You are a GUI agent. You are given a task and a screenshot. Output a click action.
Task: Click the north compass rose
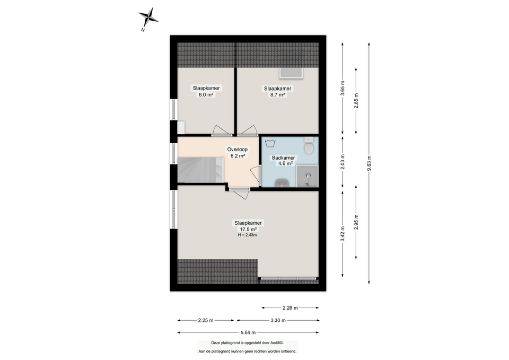pos(148,17)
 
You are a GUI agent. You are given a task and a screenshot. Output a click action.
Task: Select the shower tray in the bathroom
pos(307,176)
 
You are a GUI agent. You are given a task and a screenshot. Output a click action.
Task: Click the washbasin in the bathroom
pos(282,183)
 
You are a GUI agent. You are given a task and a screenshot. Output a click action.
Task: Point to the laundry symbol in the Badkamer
pos(270,143)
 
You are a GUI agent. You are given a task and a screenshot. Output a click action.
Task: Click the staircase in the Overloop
pos(200,170)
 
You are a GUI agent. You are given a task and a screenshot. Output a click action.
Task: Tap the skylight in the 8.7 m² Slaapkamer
pos(291,73)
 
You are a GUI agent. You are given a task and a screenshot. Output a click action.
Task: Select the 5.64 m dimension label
pos(248,332)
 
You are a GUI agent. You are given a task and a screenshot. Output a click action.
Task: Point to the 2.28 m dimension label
pos(290,308)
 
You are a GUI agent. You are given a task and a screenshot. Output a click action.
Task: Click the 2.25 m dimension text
pos(206,320)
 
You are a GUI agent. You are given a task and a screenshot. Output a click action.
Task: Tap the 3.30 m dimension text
pos(278,320)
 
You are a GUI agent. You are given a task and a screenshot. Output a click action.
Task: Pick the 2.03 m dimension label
pos(343,162)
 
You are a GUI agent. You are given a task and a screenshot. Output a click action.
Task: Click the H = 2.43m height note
pos(247,235)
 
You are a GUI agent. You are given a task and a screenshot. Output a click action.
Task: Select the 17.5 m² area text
pos(248,229)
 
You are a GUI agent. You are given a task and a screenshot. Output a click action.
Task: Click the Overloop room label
pos(238,150)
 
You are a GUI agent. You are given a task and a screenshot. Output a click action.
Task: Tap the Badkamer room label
pos(283,158)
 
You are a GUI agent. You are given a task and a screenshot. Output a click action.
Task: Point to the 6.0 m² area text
pos(206,95)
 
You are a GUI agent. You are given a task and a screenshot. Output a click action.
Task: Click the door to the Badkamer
pos(257,176)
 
